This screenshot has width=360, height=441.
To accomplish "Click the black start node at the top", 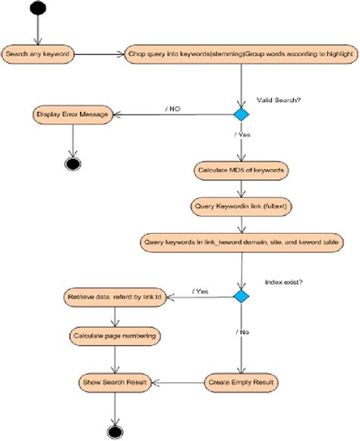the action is [38, 8].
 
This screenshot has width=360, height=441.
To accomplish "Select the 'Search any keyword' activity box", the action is [38, 54].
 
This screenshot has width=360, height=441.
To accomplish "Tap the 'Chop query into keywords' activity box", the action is [242, 54].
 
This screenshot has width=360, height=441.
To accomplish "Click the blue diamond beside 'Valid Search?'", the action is [242, 114].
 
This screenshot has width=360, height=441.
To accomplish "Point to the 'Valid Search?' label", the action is [279, 100].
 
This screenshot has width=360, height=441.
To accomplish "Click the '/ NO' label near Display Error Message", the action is [173, 109].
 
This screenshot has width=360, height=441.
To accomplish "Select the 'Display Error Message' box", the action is [73, 115].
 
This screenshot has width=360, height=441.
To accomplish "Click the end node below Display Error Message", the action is [73, 164].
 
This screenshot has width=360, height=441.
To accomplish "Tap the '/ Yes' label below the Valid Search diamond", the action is [242, 134].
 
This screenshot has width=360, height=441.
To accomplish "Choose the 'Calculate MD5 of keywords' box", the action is [242, 171].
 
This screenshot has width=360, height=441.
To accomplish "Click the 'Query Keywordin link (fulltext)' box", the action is [242, 206].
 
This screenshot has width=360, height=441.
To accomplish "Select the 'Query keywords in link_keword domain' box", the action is [242, 242].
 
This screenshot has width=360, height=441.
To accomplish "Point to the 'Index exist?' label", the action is [284, 282].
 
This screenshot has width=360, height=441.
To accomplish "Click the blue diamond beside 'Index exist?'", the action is [242, 296].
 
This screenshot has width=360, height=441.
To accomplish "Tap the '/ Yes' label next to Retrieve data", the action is [200, 291].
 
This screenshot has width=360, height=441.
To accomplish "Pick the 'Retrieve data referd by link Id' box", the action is [115, 298].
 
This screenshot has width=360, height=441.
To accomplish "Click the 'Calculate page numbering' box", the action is [115, 336].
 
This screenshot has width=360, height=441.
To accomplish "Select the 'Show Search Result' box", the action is [115, 383].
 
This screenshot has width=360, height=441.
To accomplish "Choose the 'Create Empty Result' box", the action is [241, 383].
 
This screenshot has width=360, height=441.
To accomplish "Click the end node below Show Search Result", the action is [115, 431].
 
